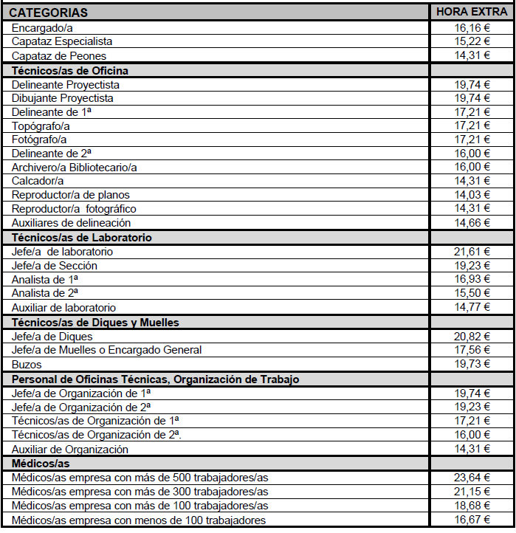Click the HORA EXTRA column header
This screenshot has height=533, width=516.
[x=472, y=12]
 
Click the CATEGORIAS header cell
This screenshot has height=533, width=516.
[x=49, y=13]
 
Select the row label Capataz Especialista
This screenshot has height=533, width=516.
[x=62, y=41]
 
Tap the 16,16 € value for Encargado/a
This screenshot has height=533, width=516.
[x=472, y=27]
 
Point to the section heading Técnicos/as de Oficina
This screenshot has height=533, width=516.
[x=70, y=70]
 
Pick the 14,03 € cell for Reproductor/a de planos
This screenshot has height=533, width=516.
[x=472, y=195]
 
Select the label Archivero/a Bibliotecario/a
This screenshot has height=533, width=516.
[x=75, y=167]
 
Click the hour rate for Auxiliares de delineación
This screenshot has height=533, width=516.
[x=472, y=223]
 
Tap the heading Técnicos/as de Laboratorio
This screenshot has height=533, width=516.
[x=81, y=238]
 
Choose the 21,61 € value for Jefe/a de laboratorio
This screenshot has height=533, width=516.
[x=472, y=252]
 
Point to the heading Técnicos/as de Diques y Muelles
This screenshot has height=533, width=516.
[x=95, y=323]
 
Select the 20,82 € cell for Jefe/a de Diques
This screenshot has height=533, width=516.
[x=472, y=337]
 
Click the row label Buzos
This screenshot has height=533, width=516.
[x=27, y=365]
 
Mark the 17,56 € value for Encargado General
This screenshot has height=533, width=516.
[x=472, y=351]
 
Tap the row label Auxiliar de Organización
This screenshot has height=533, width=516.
[x=70, y=450]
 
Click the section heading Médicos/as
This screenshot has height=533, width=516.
[x=41, y=464]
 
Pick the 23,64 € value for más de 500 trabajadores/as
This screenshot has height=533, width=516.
[x=472, y=478]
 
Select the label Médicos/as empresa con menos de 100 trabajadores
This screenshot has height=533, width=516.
[x=139, y=520]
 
